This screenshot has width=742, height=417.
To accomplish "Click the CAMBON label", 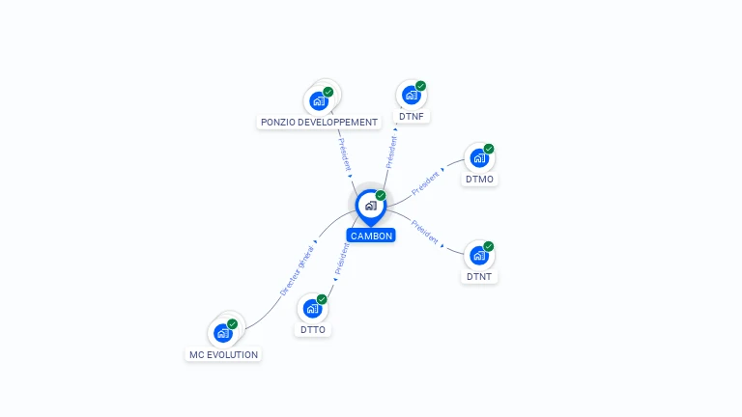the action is pyautogui.click(x=371, y=236).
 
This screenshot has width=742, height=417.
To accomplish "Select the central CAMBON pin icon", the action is pyautogui.click(x=371, y=208).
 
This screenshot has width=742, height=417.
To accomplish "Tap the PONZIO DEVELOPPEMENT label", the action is pyautogui.click(x=319, y=122).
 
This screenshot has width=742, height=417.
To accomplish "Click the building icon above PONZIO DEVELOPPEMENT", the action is pyautogui.click(x=319, y=100).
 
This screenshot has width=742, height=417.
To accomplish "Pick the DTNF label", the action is pyautogui.click(x=412, y=116).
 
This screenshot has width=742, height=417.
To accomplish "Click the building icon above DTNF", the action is pyautogui.click(x=412, y=95).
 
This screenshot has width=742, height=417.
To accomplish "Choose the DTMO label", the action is pyautogui.click(x=479, y=180).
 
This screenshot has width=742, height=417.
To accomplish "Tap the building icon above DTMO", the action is pyautogui.click(x=479, y=158).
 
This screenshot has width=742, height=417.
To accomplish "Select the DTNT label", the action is pyautogui.click(x=479, y=277).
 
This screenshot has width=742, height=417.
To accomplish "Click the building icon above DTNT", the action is pyautogui.click(x=479, y=255).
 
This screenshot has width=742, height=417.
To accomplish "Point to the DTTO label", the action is pyautogui.click(x=313, y=329).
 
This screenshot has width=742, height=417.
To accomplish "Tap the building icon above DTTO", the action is pyautogui.click(x=312, y=308).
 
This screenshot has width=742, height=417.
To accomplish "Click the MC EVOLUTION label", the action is pyautogui.click(x=223, y=354).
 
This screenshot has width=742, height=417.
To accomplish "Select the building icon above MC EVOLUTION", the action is pyautogui.click(x=223, y=333).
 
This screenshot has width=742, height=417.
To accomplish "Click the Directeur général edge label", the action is pyautogui.click(x=298, y=270).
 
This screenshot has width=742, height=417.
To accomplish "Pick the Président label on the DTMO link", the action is pyautogui.click(x=425, y=183).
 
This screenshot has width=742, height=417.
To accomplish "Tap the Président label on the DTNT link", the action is pyautogui.click(x=425, y=232).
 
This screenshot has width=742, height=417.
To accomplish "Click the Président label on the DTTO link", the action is pyautogui.click(x=342, y=259).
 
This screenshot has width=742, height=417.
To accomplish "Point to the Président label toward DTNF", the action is pyautogui.click(x=391, y=152).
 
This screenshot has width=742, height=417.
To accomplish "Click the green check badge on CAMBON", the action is pyautogui.click(x=381, y=195).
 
